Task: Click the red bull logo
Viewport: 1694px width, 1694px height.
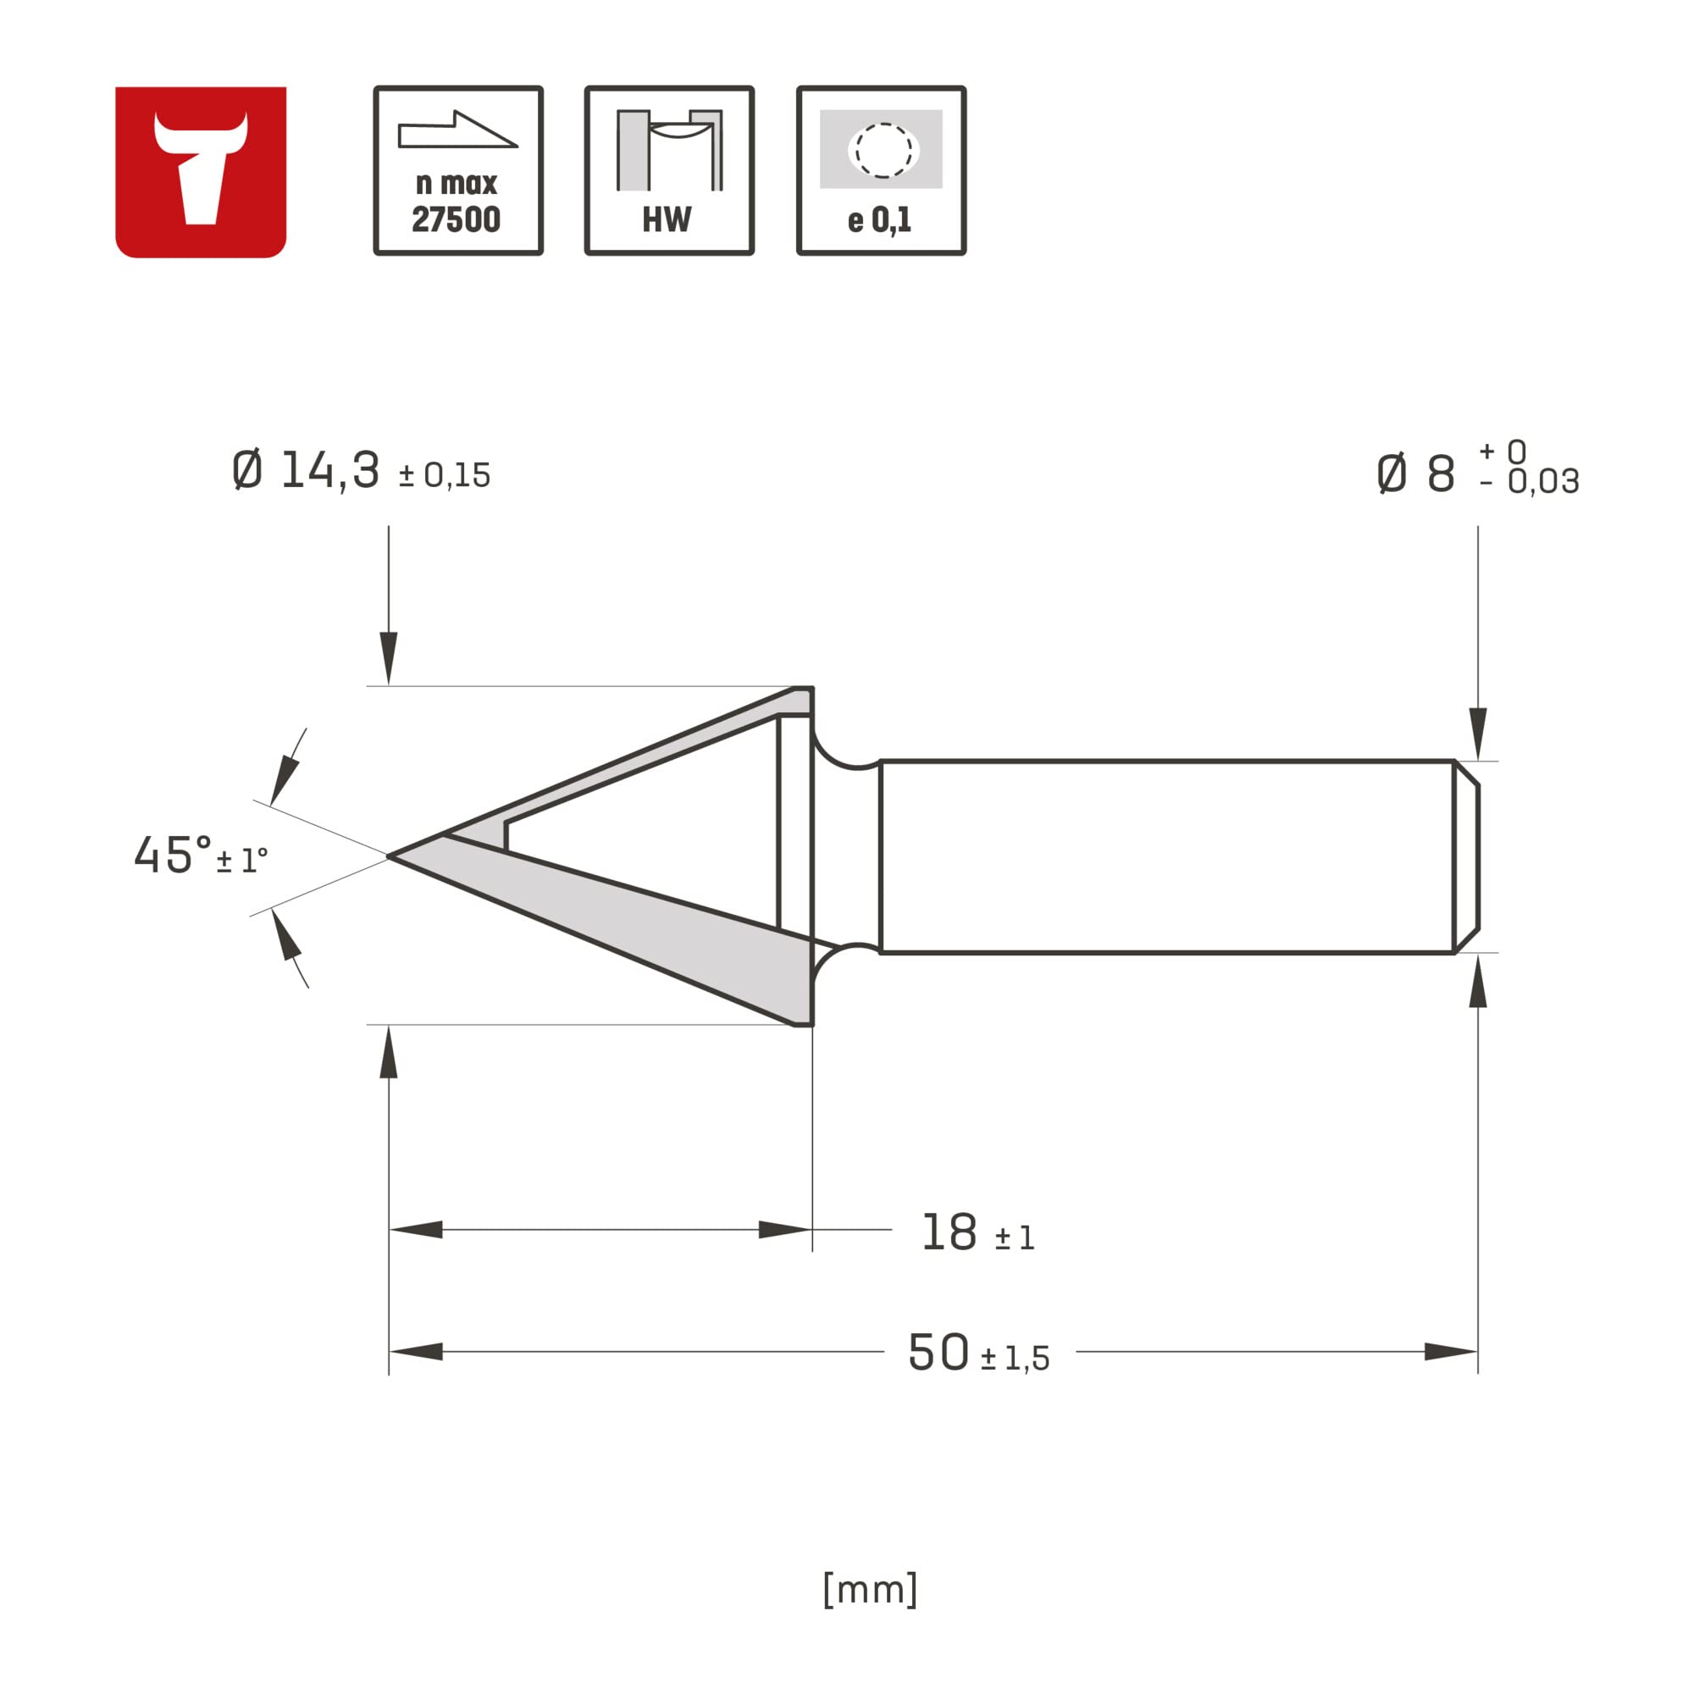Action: (x=201, y=172)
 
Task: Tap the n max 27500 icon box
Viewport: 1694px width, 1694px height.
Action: (x=457, y=171)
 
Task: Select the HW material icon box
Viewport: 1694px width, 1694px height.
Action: (x=669, y=171)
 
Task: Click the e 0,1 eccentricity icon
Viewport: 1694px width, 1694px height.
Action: (x=881, y=171)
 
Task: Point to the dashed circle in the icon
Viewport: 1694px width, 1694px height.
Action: (x=883, y=151)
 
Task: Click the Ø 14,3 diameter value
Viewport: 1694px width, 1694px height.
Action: (x=307, y=471)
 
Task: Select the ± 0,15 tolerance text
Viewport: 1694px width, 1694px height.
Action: (x=444, y=476)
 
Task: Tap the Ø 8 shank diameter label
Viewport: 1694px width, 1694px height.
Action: (x=1415, y=474)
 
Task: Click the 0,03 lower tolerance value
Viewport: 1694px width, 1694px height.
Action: (x=1543, y=482)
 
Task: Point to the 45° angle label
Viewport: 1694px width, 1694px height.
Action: (x=173, y=855)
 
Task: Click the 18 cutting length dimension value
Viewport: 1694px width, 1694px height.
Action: (x=949, y=1232)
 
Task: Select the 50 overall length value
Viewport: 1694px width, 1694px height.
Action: (x=938, y=1352)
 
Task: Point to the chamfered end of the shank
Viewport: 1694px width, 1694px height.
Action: (x=1466, y=856)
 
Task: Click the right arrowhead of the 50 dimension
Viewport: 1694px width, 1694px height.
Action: (x=1451, y=1351)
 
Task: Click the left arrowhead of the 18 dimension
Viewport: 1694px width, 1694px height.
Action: (x=416, y=1229)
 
